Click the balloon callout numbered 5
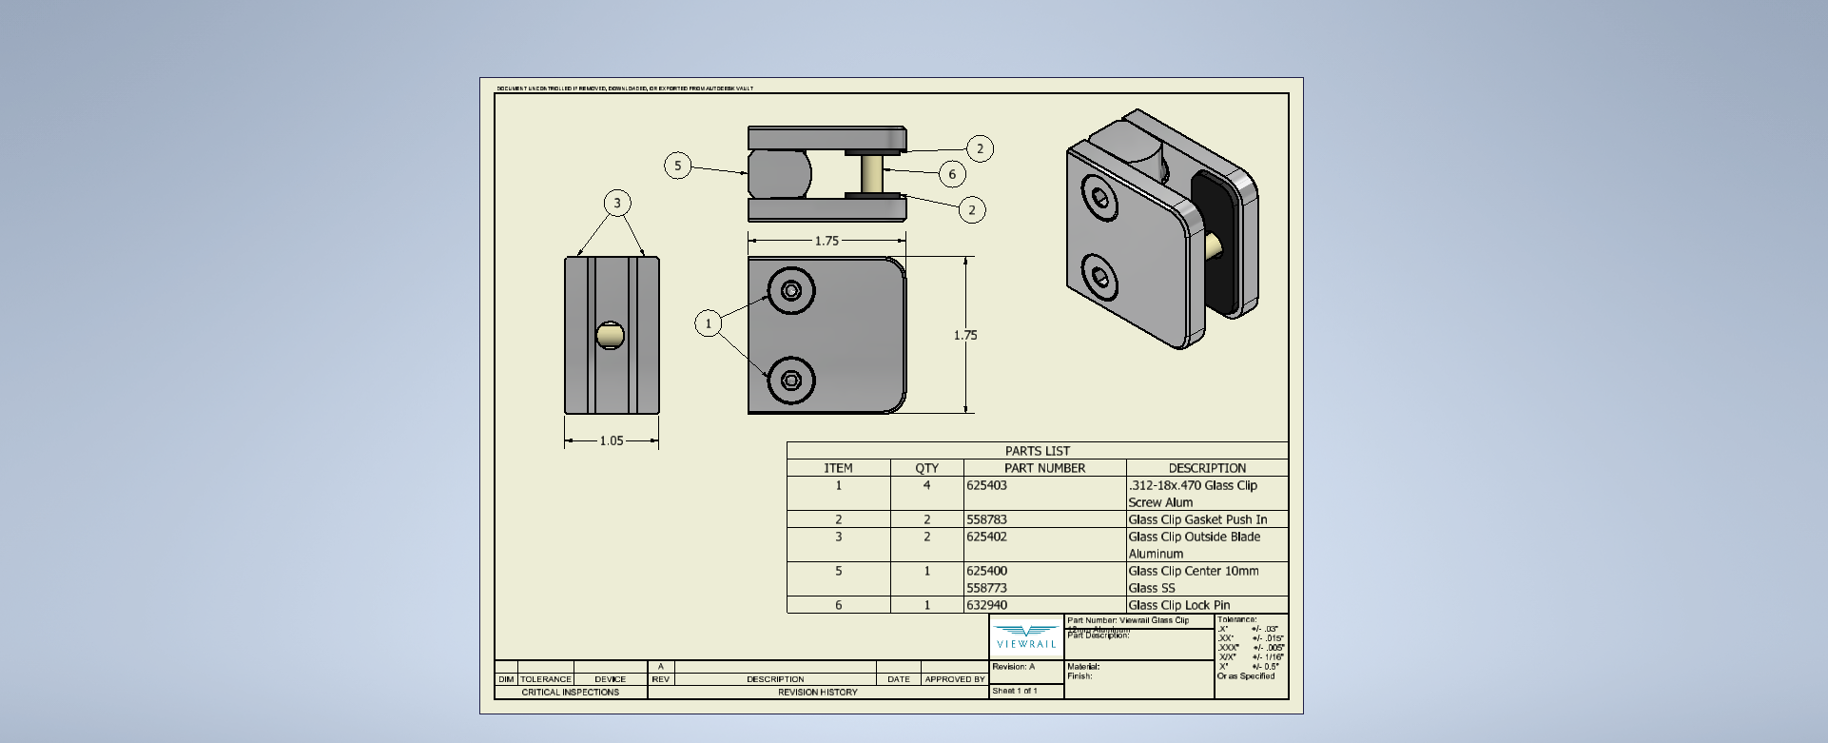pos(677,166)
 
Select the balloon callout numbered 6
pos(952,174)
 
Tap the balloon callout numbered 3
pos(617,203)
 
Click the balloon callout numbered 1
pos(708,323)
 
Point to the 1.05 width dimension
pos(612,440)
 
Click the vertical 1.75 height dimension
pos(965,335)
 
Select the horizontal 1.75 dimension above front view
pos(826,241)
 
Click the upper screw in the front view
pos(790,290)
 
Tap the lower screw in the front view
pos(790,381)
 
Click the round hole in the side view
pos(610,335)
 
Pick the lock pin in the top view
pos(872,174)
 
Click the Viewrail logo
pos(1026,636)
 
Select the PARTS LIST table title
pos(1037,451)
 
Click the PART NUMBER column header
pos(1044,468)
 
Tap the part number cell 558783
pos(986,519)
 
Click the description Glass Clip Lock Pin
pos(1178,605)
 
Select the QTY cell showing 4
pos(926,485)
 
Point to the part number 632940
pos(986,605)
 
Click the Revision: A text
pos(1013,667)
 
